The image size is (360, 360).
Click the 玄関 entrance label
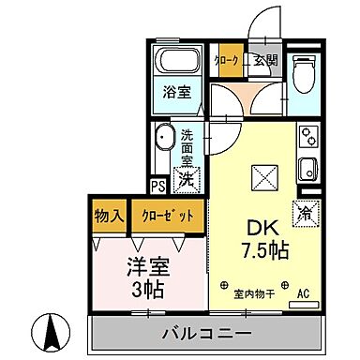tap(266, 60)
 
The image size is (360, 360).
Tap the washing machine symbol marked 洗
tap(187, 175)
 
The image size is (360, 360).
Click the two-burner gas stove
tap(308, 138)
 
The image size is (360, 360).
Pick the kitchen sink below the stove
tap(307, 170)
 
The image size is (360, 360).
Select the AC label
tap(302, 293)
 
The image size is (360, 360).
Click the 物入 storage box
tap(109, 215)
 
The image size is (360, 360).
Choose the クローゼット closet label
tap(170, 215)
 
